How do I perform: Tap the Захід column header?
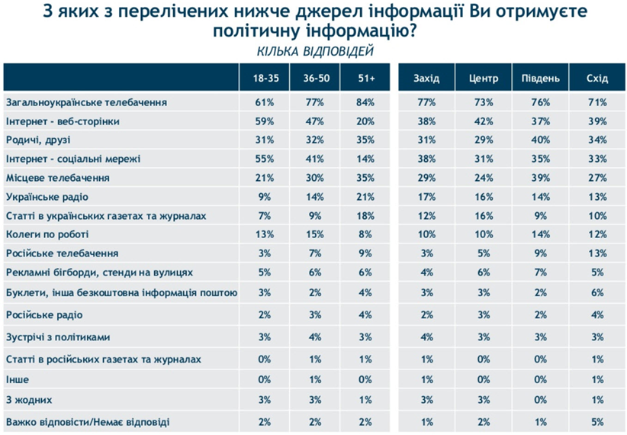(x=426, y=79)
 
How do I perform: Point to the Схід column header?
(x=596, y=79)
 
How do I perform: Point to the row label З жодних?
(x=24, y=399)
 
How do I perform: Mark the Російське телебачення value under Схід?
(x=596, y=253)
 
